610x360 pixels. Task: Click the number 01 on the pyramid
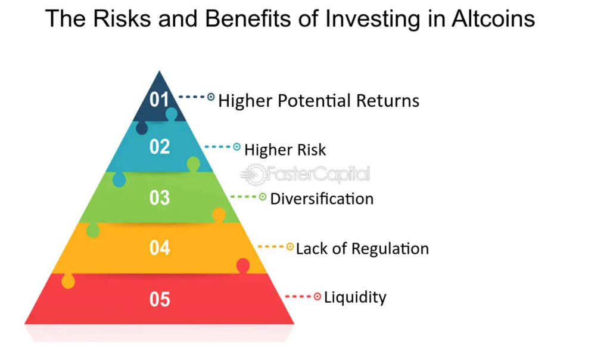[159, 100]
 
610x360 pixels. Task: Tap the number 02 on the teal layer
[160, 147]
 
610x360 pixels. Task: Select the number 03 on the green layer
[160, 198]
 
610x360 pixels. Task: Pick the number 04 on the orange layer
[160, 247]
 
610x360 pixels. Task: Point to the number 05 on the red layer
[160, 299]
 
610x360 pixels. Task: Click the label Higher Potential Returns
[319, 100]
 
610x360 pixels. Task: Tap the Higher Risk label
[285, 150]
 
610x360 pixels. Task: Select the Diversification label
[322, 199]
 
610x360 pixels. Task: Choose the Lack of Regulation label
[362, 249]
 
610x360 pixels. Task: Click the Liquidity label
[355, 297]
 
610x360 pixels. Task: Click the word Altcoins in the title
[493, 18]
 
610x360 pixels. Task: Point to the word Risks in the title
[122, 18]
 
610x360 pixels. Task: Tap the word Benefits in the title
[248, 18]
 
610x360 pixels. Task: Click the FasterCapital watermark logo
[306, 174]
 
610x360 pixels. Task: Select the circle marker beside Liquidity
[318, 297]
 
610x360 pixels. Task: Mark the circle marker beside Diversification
[263, 197]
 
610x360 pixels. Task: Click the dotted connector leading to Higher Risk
[218, 147]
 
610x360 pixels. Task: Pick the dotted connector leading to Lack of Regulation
[271, 246]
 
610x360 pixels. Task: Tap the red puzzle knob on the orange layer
[243, 265]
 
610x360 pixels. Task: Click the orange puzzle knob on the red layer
[68, 281]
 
